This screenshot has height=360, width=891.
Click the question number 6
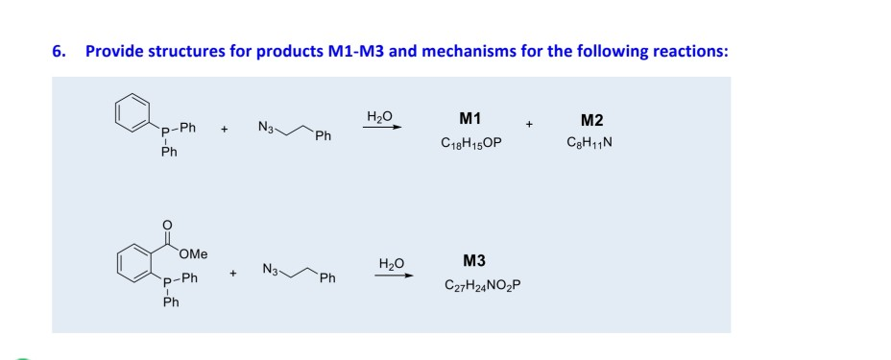click(x=58, y=51)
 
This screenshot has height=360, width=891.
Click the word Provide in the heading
click(x=113, y=51)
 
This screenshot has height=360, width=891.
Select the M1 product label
click(x=470, y=120)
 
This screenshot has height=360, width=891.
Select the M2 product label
click(x=592, y=120)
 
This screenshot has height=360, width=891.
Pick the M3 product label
click(x=474, y=261)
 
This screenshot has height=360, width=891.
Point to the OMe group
click(x=196, y=253)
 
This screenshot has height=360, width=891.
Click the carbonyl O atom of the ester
click(x=169, y=225)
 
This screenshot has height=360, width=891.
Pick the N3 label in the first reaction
click(x=268, y=126)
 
